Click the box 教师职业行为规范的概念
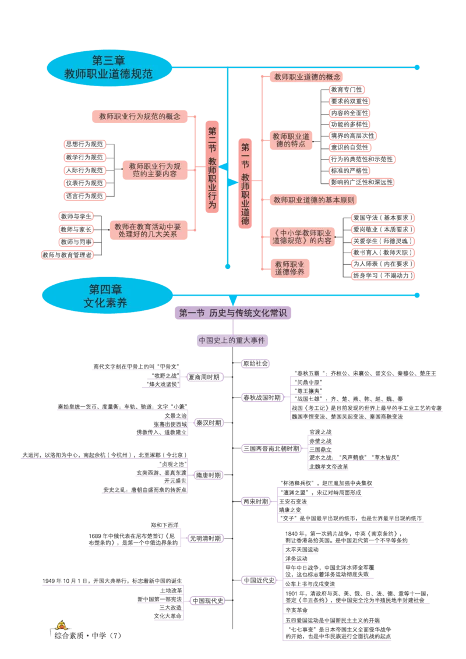click(140, 116)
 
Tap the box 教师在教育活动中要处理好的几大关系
click(147, 231)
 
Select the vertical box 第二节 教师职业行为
click(212, 168)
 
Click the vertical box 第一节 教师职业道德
click(245, 184)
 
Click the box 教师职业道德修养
click(290, 268)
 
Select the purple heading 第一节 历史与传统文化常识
click(232, 313)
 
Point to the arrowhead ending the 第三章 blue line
click(418, 68)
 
